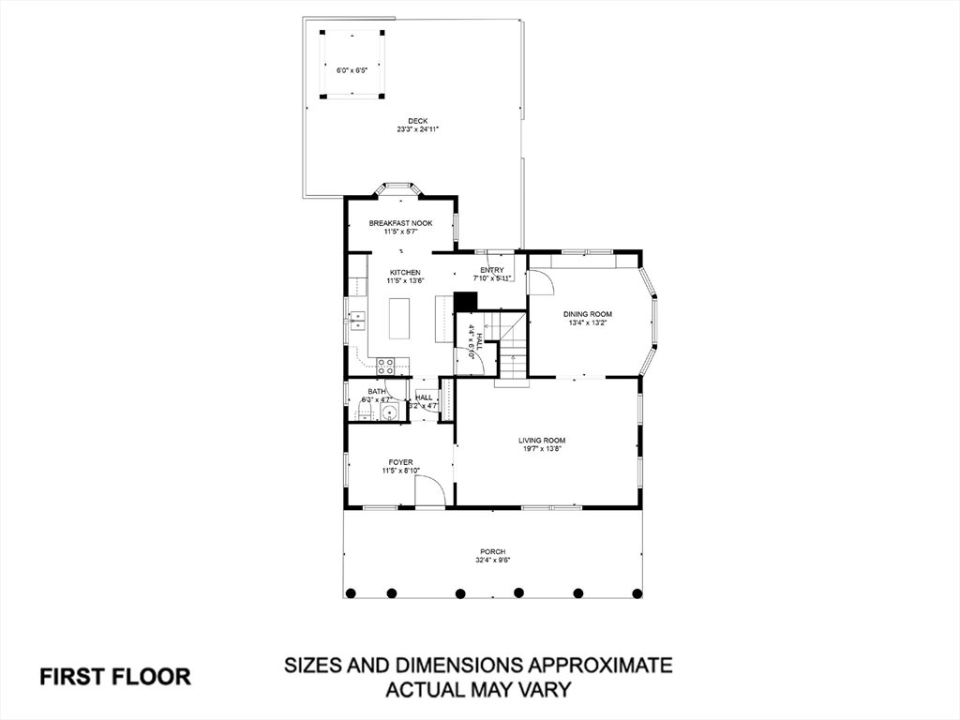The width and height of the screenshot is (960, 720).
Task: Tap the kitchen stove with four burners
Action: coord(385,366)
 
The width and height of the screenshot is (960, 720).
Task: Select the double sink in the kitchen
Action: coord(357,320)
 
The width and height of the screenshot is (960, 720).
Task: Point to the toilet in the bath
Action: coord(367,409)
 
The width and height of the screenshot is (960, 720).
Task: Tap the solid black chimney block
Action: coord(465,301)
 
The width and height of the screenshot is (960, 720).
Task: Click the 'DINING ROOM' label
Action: coord(587,314)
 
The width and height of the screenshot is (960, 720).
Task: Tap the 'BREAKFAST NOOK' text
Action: coord(400,223)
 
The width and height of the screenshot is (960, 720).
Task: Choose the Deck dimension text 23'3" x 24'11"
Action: coord(417,129)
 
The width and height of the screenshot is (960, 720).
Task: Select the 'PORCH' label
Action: coord(493,551)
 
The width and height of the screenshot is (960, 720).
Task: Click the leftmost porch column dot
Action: coord(351,592)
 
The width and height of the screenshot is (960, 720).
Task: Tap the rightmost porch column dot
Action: coord(637,592)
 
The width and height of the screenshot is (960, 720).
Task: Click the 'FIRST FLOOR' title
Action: coord(115,676)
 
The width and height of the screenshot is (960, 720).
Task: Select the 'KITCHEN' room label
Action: coord(405,272)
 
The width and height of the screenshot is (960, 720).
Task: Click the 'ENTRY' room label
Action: coord(492,270)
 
